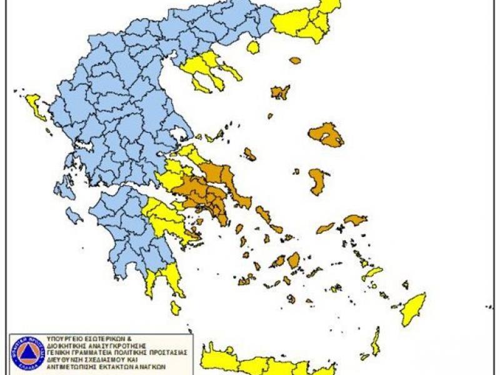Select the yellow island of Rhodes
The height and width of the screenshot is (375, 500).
[x=413, y=309]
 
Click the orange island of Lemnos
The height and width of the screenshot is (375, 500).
[x=279, y=92]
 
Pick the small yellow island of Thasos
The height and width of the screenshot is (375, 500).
[x=252, y=47]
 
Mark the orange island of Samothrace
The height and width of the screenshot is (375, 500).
[x=295, y=60]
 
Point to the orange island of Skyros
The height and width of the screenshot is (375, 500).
[x=250, y=154]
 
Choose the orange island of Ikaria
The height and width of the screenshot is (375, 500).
[x=325, y=228]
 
